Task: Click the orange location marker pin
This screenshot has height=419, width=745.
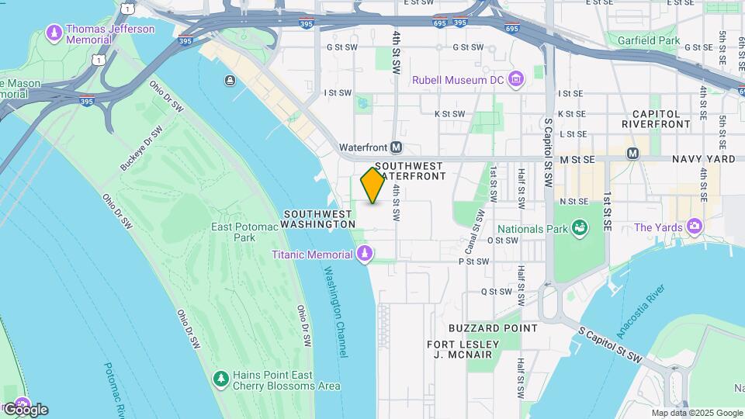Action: (372, 185)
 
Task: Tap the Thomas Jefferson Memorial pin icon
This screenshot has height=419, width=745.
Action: (54, 33)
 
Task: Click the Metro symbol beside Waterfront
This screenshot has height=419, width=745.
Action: (397, 147)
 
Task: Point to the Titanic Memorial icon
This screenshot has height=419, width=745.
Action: (364, 255)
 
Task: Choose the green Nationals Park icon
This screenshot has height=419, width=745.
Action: (578, 227)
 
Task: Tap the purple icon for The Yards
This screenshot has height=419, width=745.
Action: (695, 227)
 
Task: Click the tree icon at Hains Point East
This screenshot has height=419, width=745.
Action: (221, 379)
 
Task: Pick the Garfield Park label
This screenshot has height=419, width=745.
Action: (648, 40)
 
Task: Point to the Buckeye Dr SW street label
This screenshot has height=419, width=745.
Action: (141, 148)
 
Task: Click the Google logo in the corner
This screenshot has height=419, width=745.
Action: (26, 410)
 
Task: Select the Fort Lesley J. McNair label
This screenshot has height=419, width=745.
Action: (459, 349)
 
